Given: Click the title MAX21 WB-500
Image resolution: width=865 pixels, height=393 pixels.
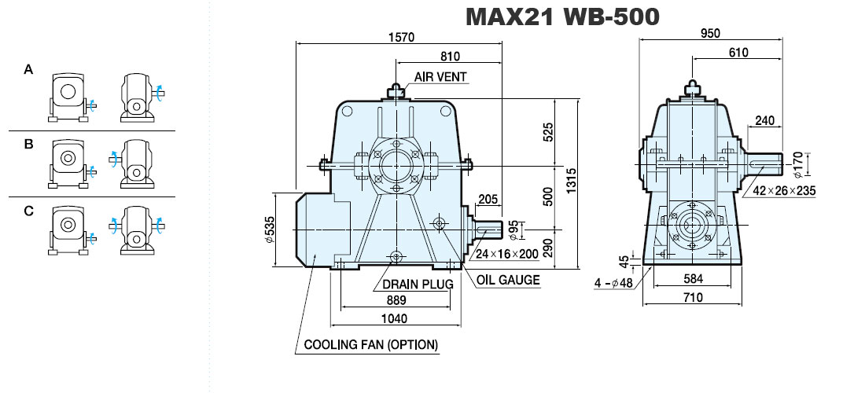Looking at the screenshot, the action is click(562, 17).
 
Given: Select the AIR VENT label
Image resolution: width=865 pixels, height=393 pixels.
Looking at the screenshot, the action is click(440, 76).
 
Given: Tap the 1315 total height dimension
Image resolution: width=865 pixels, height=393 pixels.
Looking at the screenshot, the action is click(571, 180).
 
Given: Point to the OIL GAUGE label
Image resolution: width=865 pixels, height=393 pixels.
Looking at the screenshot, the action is click(508, 280).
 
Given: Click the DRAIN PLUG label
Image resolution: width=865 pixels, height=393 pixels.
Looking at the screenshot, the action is click(418, 284).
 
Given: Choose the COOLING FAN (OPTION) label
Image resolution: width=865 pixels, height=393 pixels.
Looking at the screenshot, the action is click(371, 345).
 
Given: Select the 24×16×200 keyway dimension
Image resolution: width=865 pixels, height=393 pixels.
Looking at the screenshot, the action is click(507, 254).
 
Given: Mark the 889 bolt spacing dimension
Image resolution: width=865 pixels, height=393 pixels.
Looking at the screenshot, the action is click(396, 299).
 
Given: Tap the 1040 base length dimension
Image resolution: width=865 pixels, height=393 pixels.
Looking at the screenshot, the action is click(394, 318).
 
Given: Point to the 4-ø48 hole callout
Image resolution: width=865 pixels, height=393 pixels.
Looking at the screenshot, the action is click(613, 283).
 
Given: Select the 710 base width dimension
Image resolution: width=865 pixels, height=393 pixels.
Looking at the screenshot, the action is click(692, 298).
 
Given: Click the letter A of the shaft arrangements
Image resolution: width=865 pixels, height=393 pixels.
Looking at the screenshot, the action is click(28, 70).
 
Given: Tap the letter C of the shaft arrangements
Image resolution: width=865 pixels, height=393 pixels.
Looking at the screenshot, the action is click(28, 211).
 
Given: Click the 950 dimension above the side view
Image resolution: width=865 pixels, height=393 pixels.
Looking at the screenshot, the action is click(711, 33).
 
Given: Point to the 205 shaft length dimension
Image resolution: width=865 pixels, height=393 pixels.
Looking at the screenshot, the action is click(488, 199).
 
